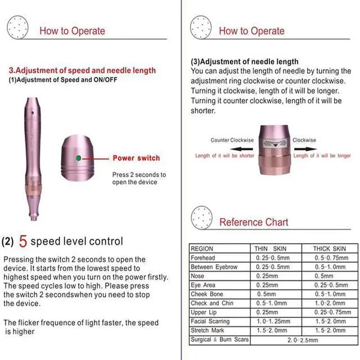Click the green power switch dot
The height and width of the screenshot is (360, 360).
click(79, 157)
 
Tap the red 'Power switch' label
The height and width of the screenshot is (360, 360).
click(136, 158)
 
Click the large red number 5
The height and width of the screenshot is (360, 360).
click(23, 242)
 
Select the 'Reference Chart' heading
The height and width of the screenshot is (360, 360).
click(253, 222)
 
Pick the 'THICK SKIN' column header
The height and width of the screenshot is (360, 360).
click(329, 249)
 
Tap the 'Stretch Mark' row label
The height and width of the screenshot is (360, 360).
click(208, 330)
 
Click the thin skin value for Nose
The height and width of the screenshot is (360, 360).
click(267, 276)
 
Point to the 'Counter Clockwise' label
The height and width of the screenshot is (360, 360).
click(232, 140)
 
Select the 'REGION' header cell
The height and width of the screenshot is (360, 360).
click(202, 249)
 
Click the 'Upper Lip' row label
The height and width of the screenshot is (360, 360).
click(204, 312)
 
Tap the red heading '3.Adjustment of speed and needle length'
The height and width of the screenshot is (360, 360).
click(82, 71)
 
